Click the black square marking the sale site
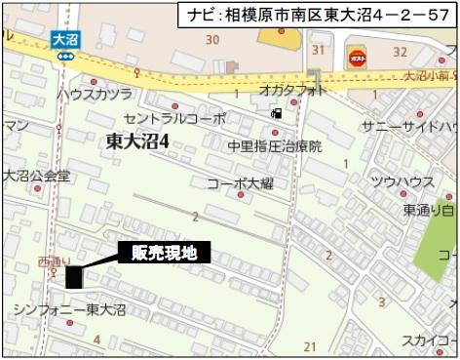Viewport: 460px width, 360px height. pyautogui.click(x=73, y=278)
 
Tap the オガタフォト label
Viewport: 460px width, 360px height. pyautogui.click(x=293, y=88)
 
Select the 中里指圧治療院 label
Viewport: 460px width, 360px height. pyautogui.click(x=275, y=144)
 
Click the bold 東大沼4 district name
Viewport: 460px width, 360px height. pyautogui.click(x=138, y=141)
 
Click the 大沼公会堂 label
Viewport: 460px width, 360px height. pyautogui.click(x=36, y=177)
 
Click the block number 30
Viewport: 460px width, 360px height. pyautogui.click(x=211, y=39)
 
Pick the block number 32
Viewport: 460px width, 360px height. pyautogui.click(x=399, y=51)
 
